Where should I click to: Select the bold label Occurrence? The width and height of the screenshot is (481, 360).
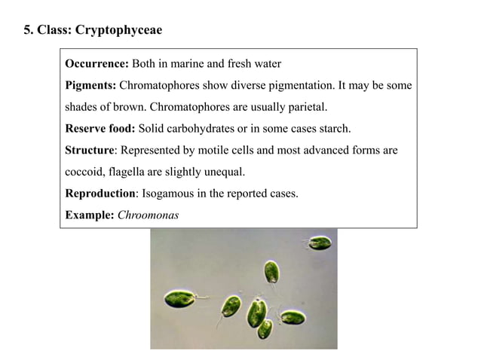pyautogui.click(x=97, y=63)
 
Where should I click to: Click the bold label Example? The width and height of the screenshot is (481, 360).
pyautogui.click(x=90, y=215)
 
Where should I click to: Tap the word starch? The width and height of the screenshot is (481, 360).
pyautogui.click(x=333, y=128)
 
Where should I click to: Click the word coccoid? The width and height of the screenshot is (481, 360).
pyautogui.click(x=85, y=172)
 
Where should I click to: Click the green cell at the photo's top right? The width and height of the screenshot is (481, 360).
pyautogui.click(x=319, y=243)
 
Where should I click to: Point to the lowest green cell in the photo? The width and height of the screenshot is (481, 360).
pyautogui.click(x=265, y=328)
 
